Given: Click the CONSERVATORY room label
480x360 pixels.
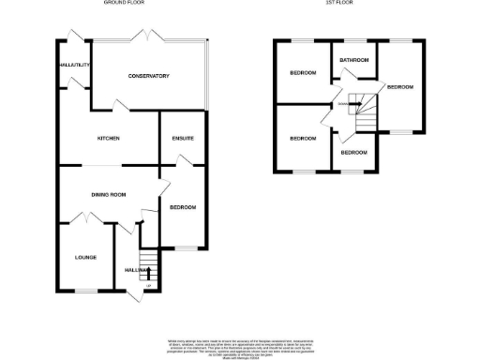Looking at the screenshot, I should pos(150,76).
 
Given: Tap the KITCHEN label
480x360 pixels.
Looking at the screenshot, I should pos(108,139).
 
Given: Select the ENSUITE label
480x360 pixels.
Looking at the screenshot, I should pos(182,139).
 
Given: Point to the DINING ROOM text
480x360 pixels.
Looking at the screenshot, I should pos(108,194).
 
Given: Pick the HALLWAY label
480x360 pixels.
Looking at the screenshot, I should pos(138,270).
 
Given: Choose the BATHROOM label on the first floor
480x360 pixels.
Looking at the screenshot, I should pos(353,61).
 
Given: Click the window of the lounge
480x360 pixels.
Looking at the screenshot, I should pos(85,291).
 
